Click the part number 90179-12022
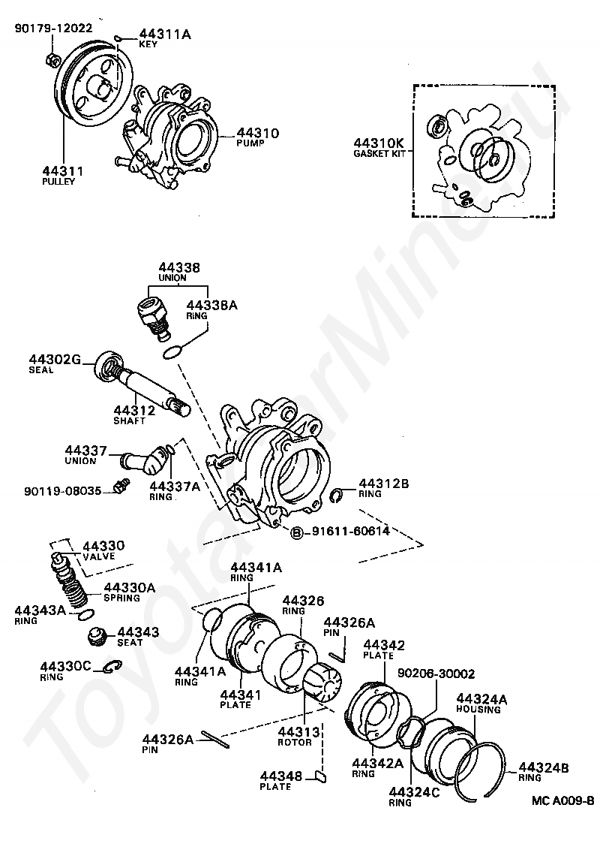pos(52,28)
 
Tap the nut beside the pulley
pos(50,58)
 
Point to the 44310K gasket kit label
pos(379,142)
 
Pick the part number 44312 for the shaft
pos(134,409)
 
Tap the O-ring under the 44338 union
pos(172,351)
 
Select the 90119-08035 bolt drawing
pos(118,488)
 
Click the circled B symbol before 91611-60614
pos(296,532)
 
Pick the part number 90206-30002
pos(436,674)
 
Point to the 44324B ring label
pos(544,767)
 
